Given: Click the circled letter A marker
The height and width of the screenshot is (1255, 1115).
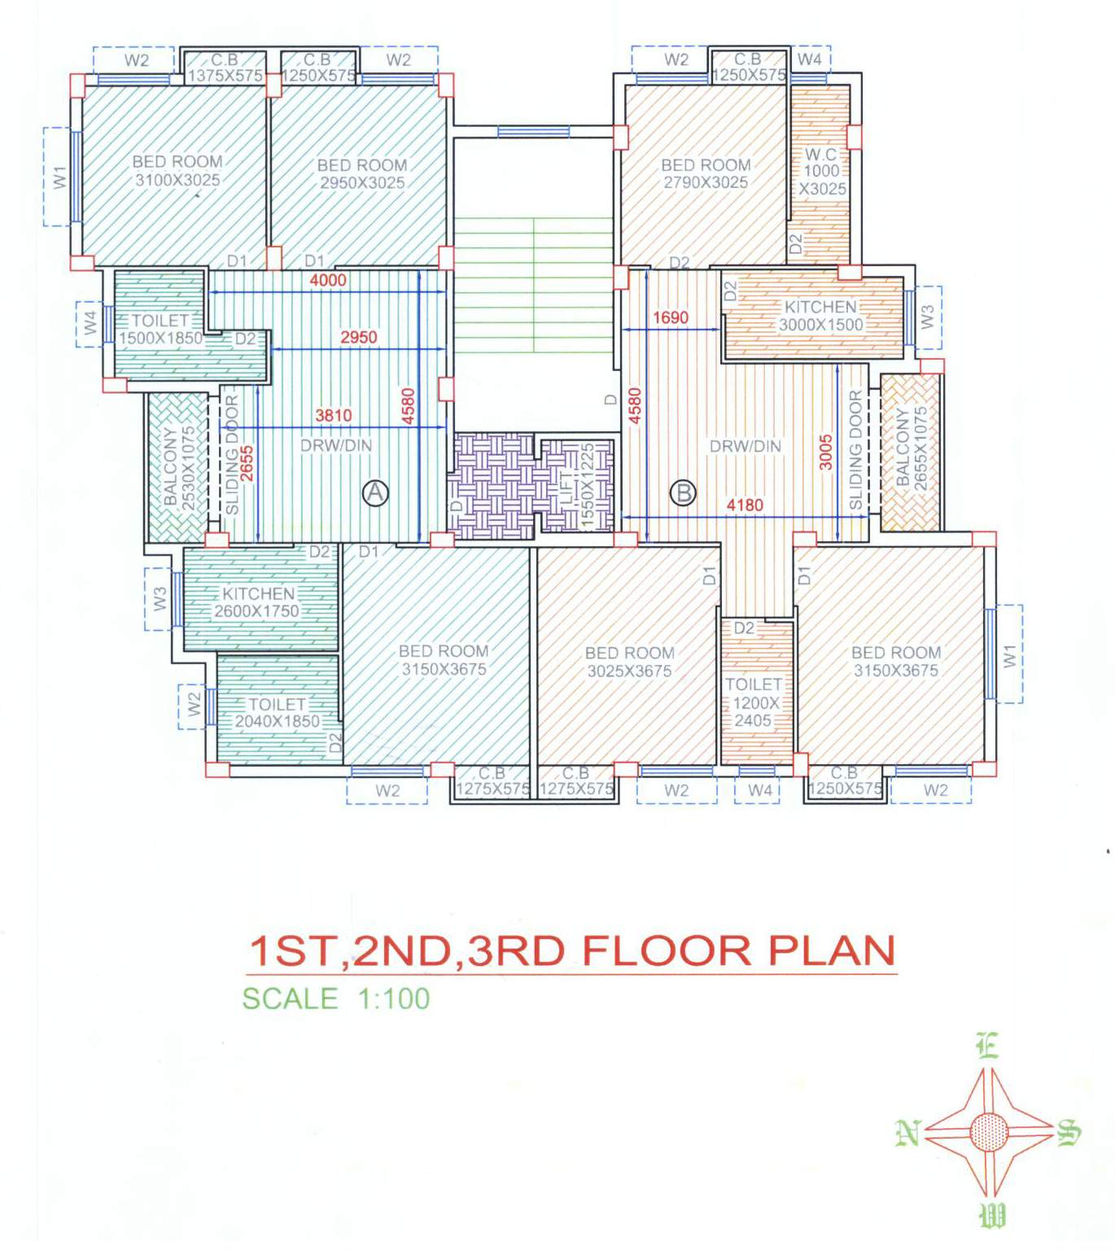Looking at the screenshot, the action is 374,493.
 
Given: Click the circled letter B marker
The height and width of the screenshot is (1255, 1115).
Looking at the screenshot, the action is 684,493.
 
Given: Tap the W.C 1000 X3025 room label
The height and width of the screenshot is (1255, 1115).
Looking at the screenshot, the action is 821,172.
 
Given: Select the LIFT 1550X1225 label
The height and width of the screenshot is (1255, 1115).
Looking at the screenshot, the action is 577,487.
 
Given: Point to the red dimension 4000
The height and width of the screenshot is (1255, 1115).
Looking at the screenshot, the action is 328,281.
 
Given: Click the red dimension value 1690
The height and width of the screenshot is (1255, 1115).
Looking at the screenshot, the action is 671,317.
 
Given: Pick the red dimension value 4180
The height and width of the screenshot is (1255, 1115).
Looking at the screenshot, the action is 745,505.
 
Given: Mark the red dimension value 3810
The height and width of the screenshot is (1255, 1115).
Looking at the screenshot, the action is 333,416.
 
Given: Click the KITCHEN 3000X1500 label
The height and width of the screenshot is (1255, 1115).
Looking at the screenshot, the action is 820,315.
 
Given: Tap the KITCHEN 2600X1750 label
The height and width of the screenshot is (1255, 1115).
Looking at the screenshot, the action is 257,602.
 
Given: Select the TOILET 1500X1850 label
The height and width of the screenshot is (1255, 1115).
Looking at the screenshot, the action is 160,330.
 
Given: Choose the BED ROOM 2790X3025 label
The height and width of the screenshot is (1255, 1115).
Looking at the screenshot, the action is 706,174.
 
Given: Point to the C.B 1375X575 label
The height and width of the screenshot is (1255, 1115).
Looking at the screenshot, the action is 225,68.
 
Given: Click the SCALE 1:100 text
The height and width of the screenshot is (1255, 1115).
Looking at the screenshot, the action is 336,999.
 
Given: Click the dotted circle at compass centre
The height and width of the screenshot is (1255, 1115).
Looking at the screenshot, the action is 989,1132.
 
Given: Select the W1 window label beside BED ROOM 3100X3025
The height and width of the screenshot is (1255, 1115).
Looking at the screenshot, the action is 59,177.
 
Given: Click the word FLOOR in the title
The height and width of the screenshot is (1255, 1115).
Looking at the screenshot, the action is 667,951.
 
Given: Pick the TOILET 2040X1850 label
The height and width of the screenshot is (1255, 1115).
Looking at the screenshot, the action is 277,713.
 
